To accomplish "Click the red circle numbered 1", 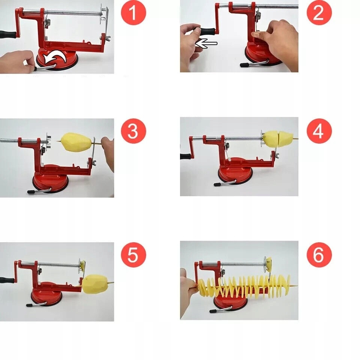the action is pyautogui.click(x=133, y=12).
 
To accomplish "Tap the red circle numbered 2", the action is pyautogui.click(x=319, y=12).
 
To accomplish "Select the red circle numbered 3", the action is pyautogui.click(x=133, y=131).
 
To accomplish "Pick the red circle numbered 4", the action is pyautogui.click(x=319, y=131).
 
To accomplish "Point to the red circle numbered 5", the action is pyautogui.click(x=133, y=255).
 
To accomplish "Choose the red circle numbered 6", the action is pyautogui.click(x=319, y=255).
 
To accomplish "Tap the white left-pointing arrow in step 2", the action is pyautogui.click(x=206, y=43).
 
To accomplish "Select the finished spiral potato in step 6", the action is pyautogui.click(x=244, y=285).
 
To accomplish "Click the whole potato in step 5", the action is pyautogui.click(x=95, y=284).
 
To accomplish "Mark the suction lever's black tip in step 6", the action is pyautogui.click(x=213, y=311).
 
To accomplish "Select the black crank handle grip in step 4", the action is pyautogui.click(x=185, y=157).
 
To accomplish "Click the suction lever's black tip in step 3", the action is pyautogui.click(x=31, y=192).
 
